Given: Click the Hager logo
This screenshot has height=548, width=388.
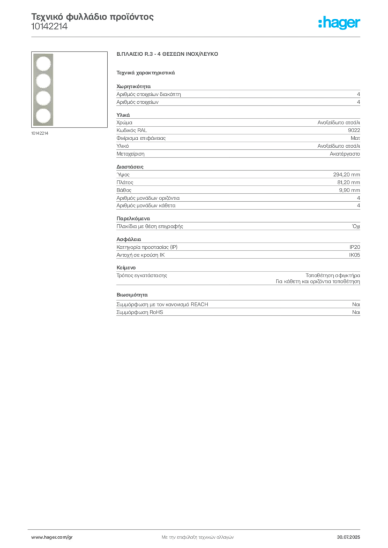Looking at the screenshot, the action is [339, 23].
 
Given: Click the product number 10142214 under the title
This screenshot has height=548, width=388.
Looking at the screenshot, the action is [49, 27].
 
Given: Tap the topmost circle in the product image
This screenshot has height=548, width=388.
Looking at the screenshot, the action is [43, 64].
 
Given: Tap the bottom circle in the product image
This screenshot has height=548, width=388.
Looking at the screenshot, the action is [43, 116].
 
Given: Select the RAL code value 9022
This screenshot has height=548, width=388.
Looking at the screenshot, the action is [354, 131].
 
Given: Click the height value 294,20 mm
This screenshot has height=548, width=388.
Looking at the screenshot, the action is [346, 174].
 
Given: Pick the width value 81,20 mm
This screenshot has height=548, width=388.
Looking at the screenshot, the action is [348, 182].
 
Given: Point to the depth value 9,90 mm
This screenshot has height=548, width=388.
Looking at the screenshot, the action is [349, 190].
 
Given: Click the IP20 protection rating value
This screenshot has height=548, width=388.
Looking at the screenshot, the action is [354, 247].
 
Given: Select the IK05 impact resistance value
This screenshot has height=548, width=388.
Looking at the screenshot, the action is [354, 255].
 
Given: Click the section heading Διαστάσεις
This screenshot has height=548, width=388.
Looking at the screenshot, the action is [130, 167].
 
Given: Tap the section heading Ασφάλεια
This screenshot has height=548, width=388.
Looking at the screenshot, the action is [129, 239].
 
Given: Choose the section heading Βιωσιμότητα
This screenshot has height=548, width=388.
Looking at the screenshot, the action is [132, 295].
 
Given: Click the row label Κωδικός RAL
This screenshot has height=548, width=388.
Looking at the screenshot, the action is [131, 131].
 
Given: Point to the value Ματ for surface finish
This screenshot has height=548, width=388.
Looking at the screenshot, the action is [355, 138].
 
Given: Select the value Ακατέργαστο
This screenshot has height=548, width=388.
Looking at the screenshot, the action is [345, 154].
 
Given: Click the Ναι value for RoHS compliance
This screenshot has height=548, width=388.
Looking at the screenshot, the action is [356, 312].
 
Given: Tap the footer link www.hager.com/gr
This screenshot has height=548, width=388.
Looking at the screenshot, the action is [52, 537].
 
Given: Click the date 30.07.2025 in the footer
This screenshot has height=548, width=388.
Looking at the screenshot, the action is [348, 537].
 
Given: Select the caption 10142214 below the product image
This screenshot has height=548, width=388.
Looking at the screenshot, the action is [40, 133].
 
